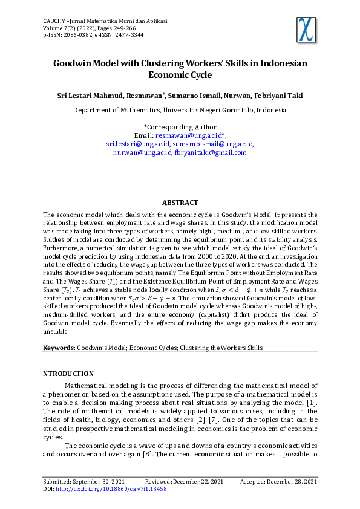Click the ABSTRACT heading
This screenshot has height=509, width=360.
pyautogui.click(x=180, y=203)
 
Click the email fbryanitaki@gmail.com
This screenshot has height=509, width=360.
pyautogui.click(x=211, y=153)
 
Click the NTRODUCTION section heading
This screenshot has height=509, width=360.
pyautogui.click(x=68, y=374)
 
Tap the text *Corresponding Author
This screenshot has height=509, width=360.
pyautogui.click(x=180, y=127)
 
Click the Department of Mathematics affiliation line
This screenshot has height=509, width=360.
pyautogui.click(x=180, y=111)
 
